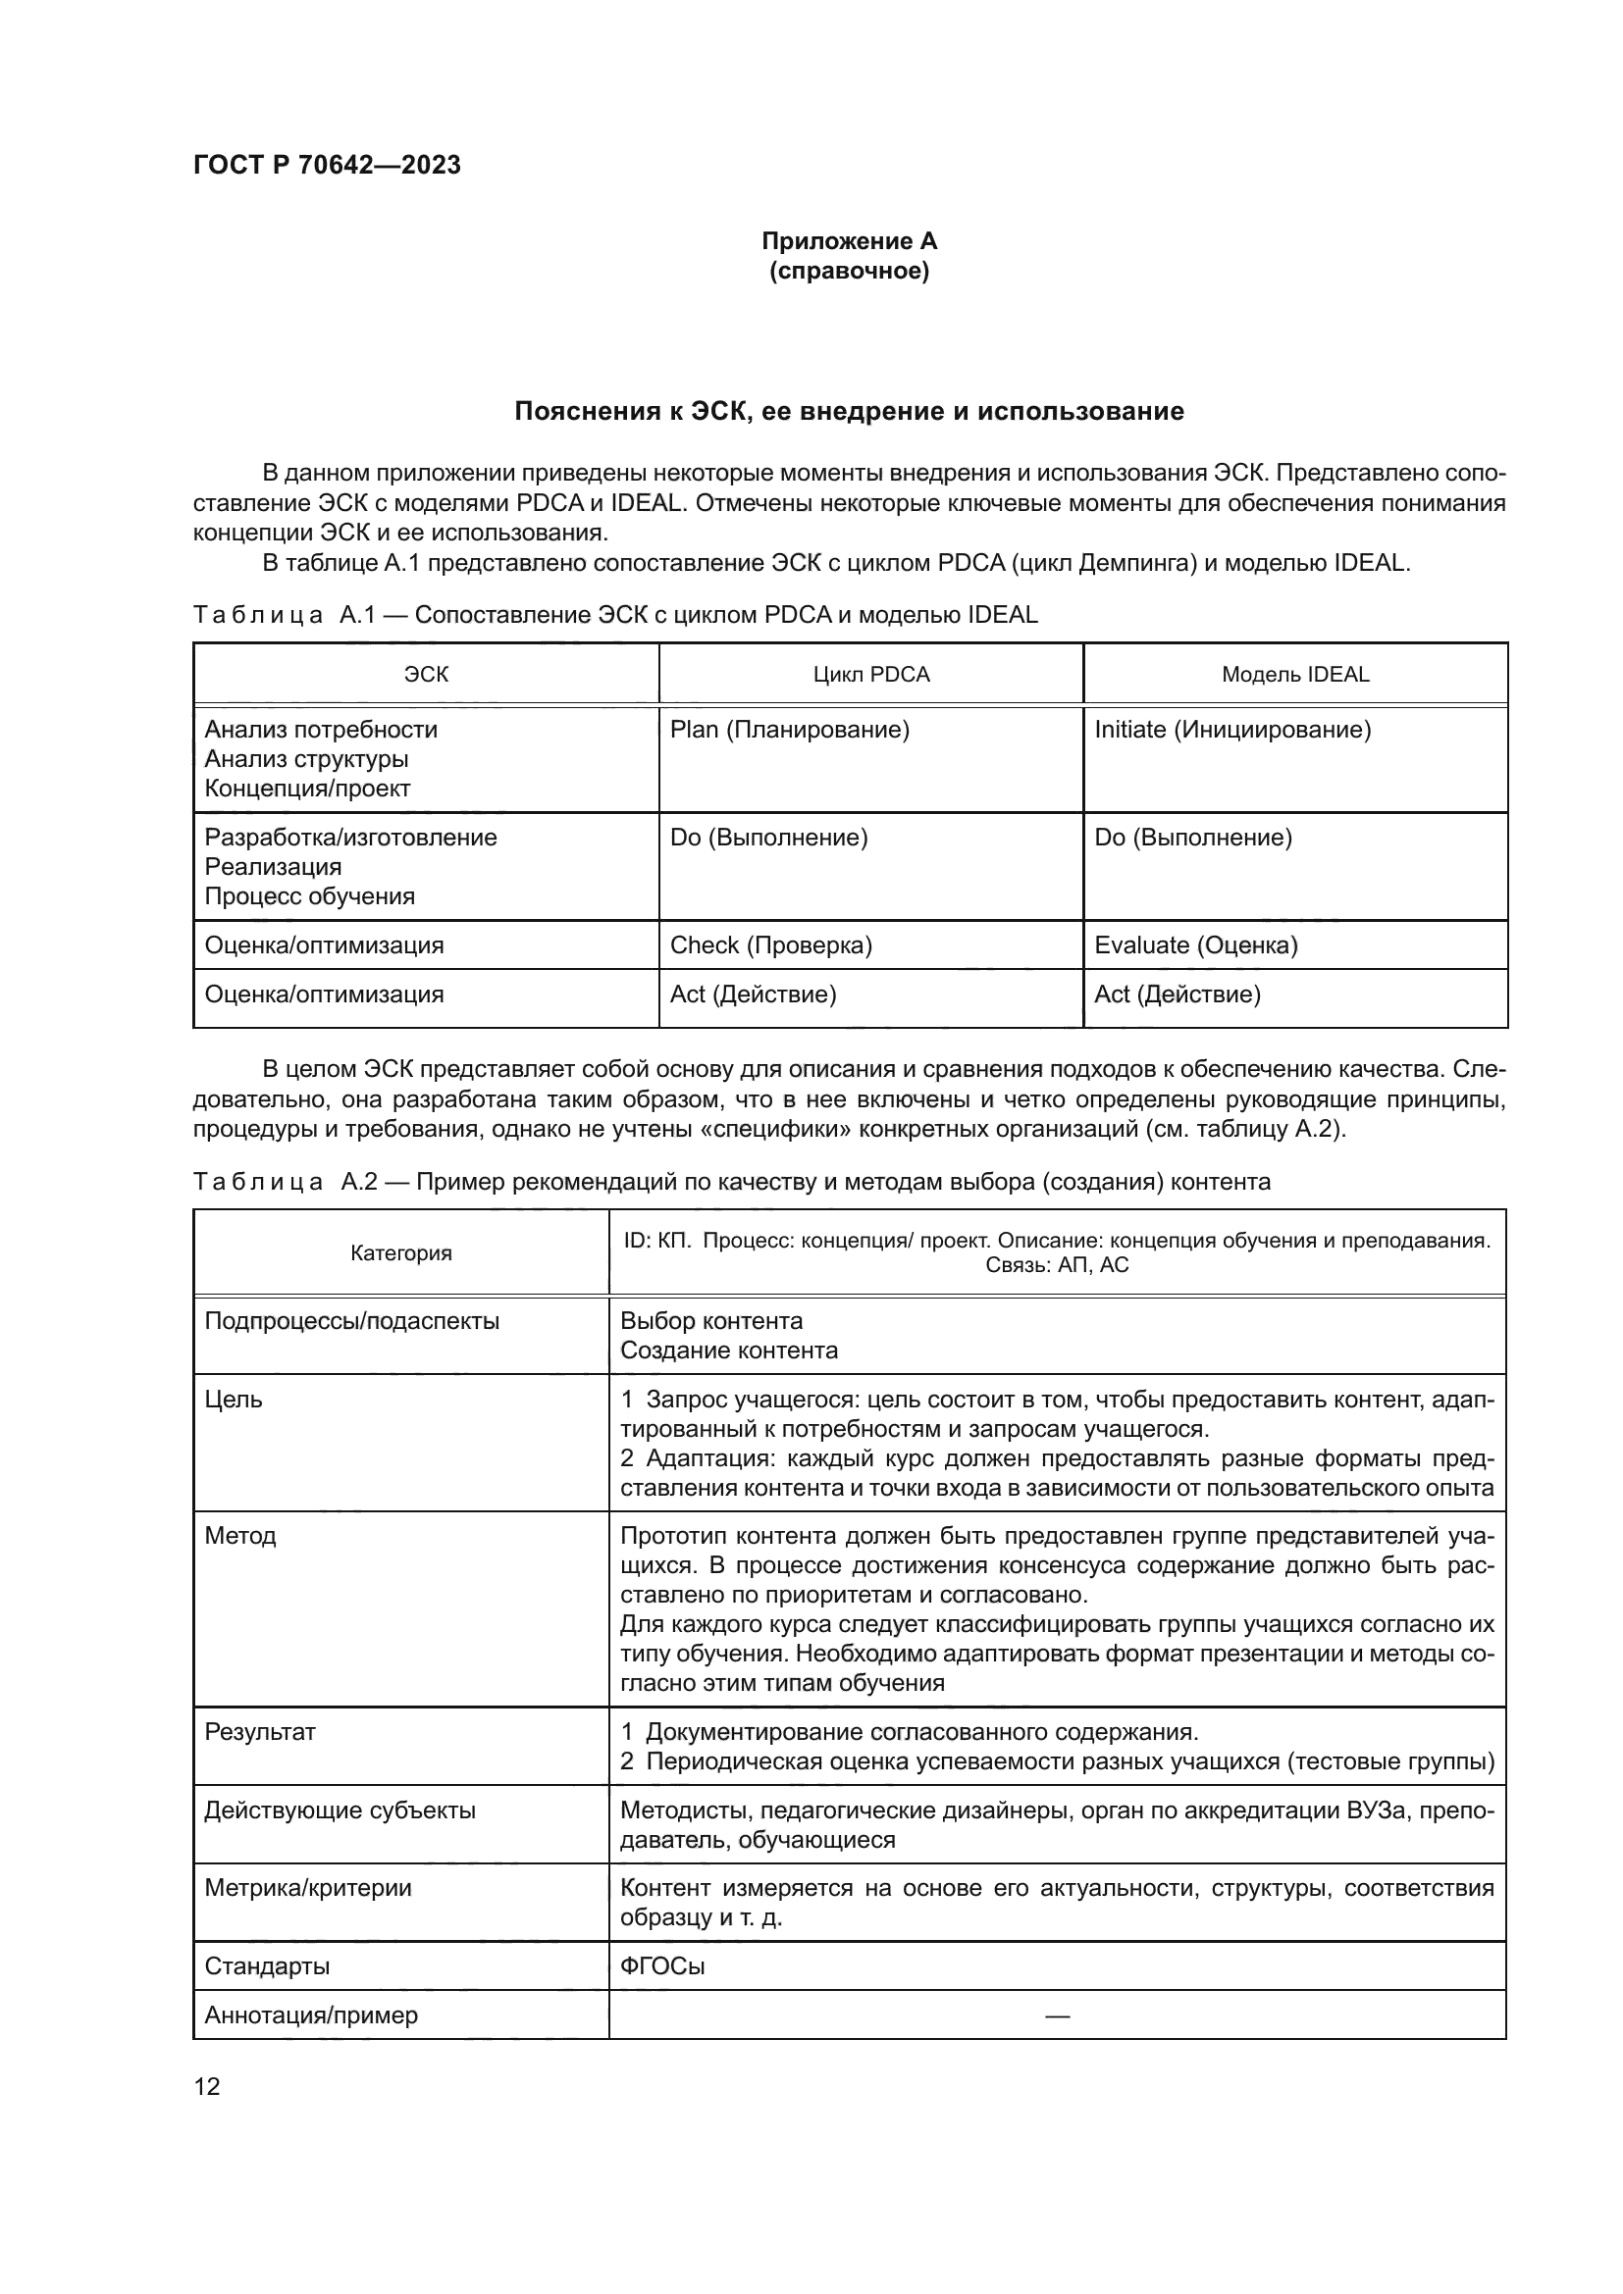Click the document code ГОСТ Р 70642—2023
pos(327,165)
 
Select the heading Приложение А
pos(849,241)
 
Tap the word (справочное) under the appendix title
pos(849,271)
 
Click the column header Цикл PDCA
pos(870,675)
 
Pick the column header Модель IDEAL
pos(1294,675)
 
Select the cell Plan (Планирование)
pos(789,730)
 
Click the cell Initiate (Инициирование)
pos(1231,730)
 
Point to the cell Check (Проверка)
pos(769,945)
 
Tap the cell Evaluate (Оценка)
pos(1195,945)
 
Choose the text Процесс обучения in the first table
pos(309,896)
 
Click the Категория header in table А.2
pos(400,1252)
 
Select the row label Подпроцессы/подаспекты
pos(352,1321)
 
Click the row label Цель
pos(233,1399)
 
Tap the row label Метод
pos(239,1535)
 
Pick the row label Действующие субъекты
pos(340,1810)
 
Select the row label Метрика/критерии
pos(308,1887)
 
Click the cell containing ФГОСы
pos(661,1965)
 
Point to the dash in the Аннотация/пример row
pos(1057,2015)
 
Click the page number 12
pos(207,2086)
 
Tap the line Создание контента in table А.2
pos(728,1351)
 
